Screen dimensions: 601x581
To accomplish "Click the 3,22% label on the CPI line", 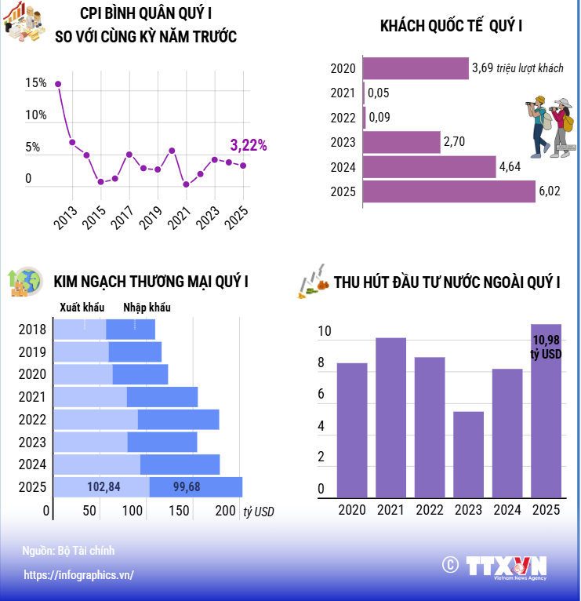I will pos(248,145).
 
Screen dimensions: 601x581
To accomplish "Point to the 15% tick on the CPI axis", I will pos(36,83).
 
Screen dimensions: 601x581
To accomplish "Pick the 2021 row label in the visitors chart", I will pos(343,93).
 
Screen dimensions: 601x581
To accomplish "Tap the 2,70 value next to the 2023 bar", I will pos(455,142).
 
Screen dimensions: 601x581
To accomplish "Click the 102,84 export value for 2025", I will pos(103,487).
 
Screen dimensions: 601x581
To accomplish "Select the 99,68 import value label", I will pos(187,487).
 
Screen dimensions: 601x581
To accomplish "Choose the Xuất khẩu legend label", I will pos(82,308).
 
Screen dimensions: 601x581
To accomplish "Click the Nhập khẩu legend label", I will pos(147,308).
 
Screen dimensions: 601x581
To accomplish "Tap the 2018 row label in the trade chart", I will pos(32,330).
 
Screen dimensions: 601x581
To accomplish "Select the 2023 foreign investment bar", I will pos(468,455).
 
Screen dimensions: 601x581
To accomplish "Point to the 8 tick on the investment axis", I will pos(321,363).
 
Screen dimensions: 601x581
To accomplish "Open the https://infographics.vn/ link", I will pos(78,575).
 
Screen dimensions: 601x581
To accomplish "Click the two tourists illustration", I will pos(550,126).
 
